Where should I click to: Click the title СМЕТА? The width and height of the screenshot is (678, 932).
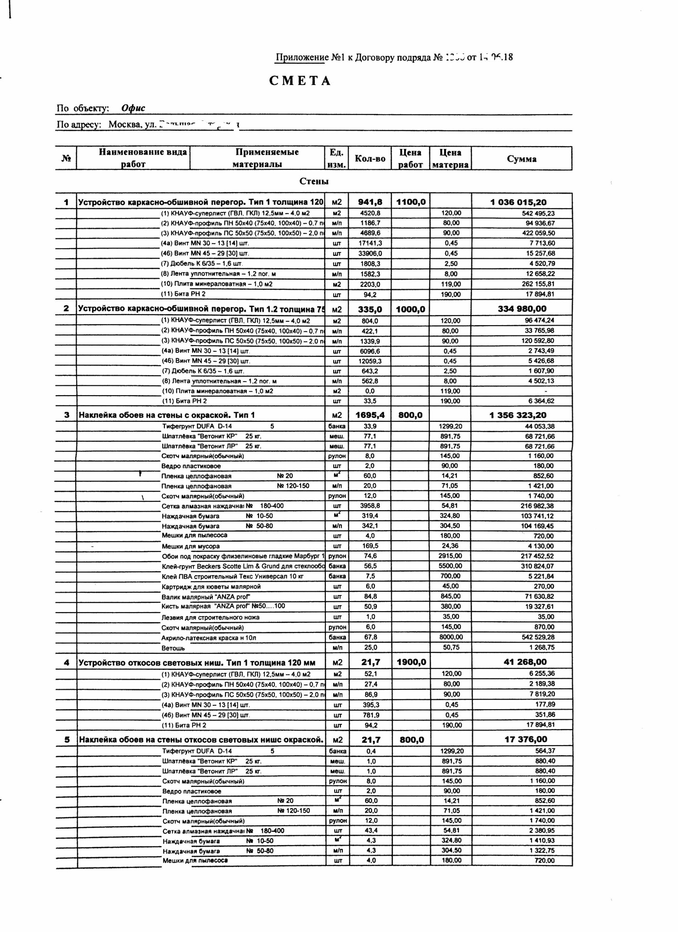click(x=300, y=81)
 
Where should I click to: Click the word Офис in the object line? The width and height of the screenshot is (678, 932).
click(x=133, y=108)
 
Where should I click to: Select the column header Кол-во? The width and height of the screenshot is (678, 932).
click(x=370, y=159)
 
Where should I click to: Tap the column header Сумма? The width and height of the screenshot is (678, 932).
click(x=521, y=159)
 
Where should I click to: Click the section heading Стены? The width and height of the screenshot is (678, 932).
click(x=314, y=182)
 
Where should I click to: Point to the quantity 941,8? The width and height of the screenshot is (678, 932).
click(x=370, y=202)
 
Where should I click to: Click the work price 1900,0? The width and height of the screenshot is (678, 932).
click(x=411, y=662)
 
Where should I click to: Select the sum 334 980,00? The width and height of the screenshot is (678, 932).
click(x=522, y=309)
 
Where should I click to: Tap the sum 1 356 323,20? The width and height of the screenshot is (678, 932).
click(x=518, y=415)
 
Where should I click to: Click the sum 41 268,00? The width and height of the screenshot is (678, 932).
click(x=525, y=662)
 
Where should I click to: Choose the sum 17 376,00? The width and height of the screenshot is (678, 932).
click(x=526, y=739)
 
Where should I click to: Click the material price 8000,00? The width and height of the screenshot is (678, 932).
click(x=451, y=637)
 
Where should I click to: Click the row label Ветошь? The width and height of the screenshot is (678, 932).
click(x=173, y=648)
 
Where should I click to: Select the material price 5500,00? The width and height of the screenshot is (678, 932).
click(x=451, y=566)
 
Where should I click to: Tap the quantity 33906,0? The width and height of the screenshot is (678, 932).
click(x=370, y=253)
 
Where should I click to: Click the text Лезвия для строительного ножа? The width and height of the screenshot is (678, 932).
click(x=210, y=617)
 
